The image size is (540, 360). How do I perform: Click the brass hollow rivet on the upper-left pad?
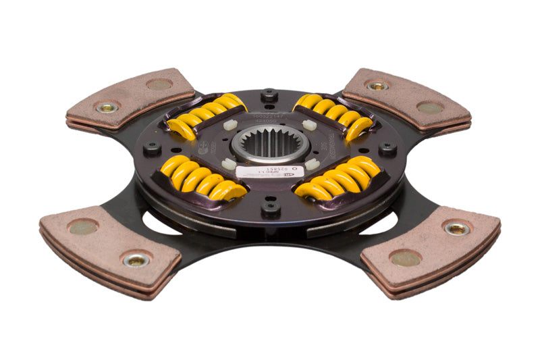(x=107, y=107)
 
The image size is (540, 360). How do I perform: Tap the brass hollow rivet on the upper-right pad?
(x=377, y=86)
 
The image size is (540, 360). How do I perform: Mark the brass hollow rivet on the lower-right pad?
(x=457, y=228)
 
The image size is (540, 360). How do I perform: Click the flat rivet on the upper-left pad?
(x=159, y=84)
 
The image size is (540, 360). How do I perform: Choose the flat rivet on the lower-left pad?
(x=83, y=227)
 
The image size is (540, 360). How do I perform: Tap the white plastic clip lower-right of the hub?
(x=312, y=163)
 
